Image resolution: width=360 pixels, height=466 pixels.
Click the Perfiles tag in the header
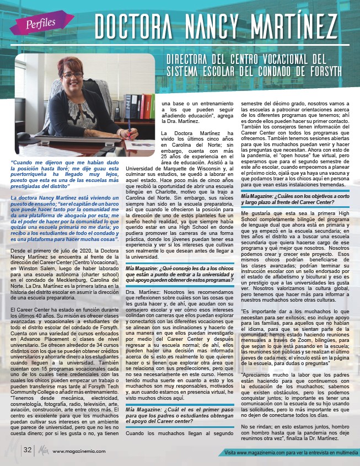click(42, 23)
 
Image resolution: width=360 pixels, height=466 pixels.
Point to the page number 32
click(27, 449)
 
